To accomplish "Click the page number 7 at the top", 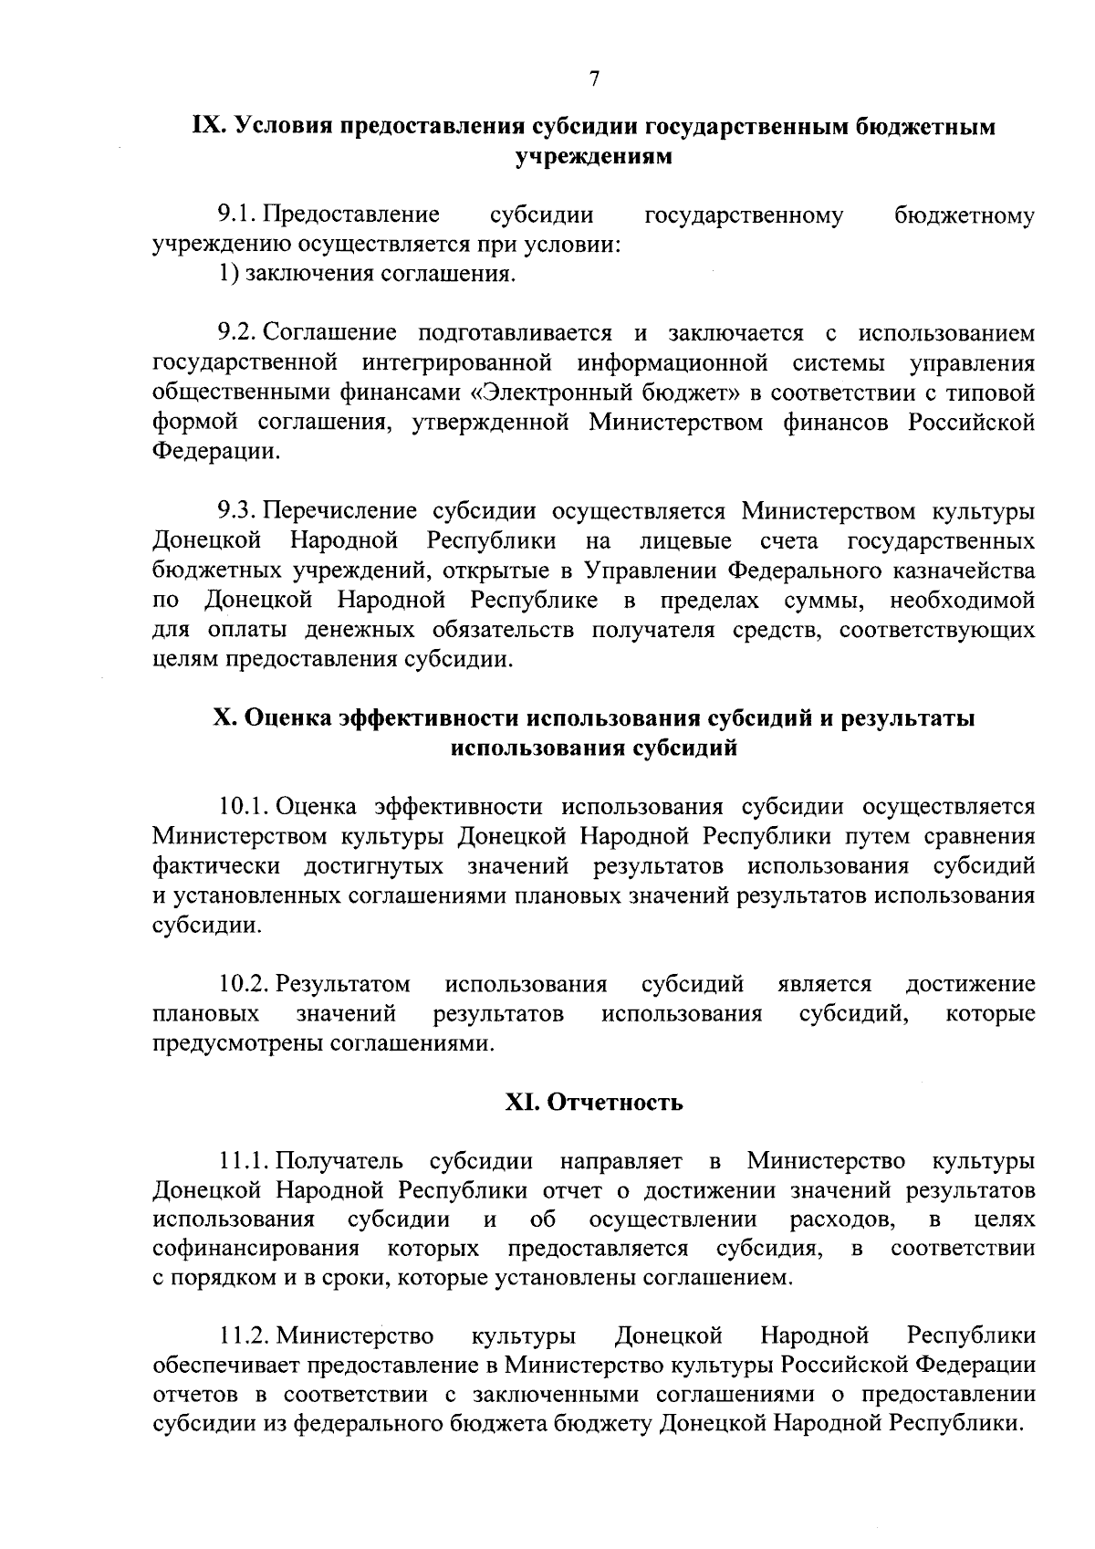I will click(x=594, y=79).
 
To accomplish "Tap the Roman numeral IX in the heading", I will click(x=209, y=126).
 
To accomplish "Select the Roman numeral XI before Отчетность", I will click(x=523, y=1103).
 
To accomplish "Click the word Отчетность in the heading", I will click(x=615, y=1103).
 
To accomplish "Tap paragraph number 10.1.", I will click(x=244, y=807).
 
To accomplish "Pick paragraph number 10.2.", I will click(x=244, y=984).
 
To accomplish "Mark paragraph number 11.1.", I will click(x=244, y=1161).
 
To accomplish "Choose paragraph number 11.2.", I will click(x=244, y=1337).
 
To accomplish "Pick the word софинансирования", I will click(x=256, y=1249).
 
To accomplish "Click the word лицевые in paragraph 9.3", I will click(x=685, y=541).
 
